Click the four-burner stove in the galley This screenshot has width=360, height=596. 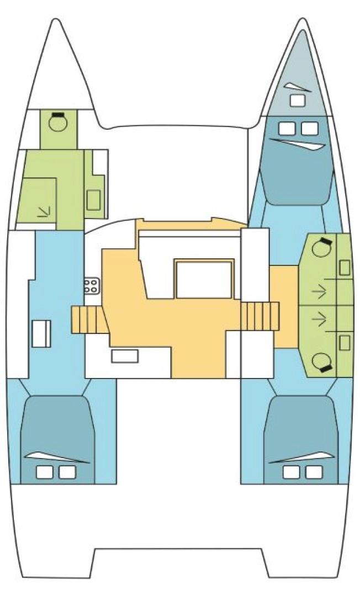[91, 285]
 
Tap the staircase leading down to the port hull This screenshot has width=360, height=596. [87, 320]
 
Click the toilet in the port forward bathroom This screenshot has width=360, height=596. [57, 122]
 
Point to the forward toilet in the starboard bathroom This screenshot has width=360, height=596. [320, 247]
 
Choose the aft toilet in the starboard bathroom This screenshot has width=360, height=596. [320, 361]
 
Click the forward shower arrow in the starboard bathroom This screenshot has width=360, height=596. [319, 292]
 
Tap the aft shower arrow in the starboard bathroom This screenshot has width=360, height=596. [319, 319]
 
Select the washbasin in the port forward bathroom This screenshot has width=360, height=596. [94, 199]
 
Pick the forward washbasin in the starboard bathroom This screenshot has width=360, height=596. [344, 268]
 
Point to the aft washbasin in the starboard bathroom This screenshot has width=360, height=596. [344, 342]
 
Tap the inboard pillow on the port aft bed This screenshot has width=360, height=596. [67, 472]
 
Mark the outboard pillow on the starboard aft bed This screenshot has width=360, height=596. [314, 472]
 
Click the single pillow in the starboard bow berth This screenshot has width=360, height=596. [298, 100]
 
